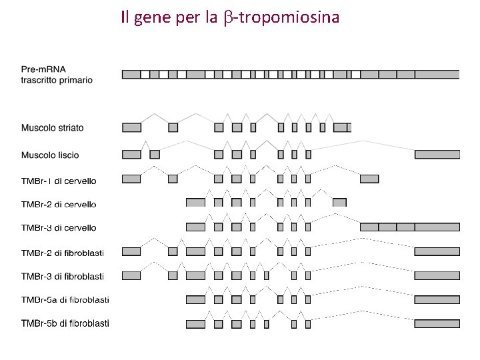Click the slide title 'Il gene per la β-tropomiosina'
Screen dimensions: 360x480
pos(230,17)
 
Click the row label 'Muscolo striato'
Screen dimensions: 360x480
pos(53,127)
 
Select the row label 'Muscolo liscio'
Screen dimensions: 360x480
pos(50,155)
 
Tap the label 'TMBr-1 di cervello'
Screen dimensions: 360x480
pos(59,181)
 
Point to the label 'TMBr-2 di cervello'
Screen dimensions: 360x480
pos(59,204)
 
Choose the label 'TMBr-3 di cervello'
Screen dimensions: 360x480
pos(59,227)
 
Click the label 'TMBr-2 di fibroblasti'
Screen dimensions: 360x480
pos(63,252)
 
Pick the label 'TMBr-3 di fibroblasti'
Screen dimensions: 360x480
pos(63,276)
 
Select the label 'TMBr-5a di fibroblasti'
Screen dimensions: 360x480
pos(65,299)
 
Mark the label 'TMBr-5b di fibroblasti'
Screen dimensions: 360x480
pos(65,323)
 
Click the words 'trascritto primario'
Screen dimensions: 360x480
pos(57,80)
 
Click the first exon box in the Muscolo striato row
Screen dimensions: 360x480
pos(131,127)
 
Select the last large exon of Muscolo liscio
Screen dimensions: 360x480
pos(437,154)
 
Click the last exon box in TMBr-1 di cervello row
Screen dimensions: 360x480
pos(369,179)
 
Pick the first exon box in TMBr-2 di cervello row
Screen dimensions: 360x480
pos(195,202)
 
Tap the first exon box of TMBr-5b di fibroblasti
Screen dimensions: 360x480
pos(195,324)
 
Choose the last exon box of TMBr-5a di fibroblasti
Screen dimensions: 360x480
pos(437,300)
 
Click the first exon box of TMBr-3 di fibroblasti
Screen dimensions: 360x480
pos(131,275)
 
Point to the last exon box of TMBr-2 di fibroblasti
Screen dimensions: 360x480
pos(437,251)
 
